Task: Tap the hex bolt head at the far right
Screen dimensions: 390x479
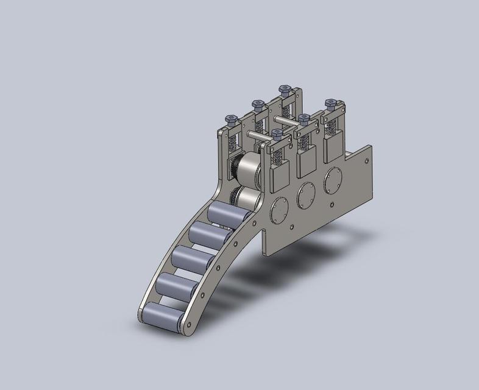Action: click(x=330, y=104)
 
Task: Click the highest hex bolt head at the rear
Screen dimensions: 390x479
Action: click(x=284, y=90)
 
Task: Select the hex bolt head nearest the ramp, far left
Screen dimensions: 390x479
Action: click(x=231, y=119)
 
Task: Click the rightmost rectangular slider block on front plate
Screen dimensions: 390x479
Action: click(x=333, y=148)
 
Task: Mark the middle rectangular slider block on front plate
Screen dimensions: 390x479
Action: click(x=306, y=161)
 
